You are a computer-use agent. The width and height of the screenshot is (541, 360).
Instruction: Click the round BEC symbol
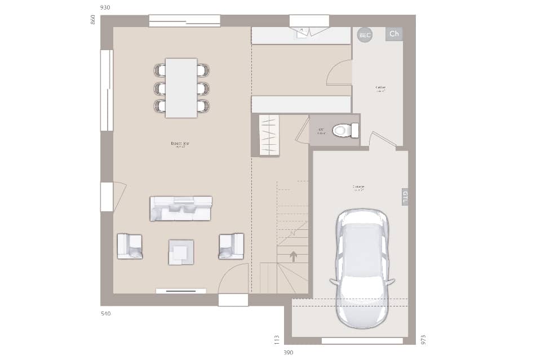pos(365,35)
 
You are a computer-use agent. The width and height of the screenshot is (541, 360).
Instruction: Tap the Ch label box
pos(394,34)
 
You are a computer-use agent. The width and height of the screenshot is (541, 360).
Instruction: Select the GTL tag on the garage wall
pos(405,197)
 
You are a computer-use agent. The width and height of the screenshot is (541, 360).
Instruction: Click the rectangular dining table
pos(181,88)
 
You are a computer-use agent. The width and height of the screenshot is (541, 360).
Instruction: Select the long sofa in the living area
pos(180,208)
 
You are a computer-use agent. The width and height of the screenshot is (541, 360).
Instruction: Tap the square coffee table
pos(181,252)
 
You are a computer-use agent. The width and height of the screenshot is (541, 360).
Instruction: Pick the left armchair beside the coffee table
pos(130,246)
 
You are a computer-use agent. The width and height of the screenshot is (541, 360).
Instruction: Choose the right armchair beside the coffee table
pos(231,246)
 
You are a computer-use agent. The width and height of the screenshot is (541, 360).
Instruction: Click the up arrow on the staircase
pos(293,256)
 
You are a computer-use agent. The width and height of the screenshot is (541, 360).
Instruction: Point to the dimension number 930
pos(105,7)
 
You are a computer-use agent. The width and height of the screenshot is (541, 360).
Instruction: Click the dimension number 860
pos(93,20)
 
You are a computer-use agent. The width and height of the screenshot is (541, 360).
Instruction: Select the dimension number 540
pos(105,313)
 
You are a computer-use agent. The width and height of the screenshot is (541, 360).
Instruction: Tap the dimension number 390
pos(288,353)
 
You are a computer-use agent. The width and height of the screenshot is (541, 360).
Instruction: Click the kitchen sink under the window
pos(303,32)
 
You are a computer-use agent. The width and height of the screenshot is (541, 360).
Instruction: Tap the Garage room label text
pos(358,187)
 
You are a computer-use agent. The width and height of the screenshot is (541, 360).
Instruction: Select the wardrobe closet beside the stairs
pos(269,135)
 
